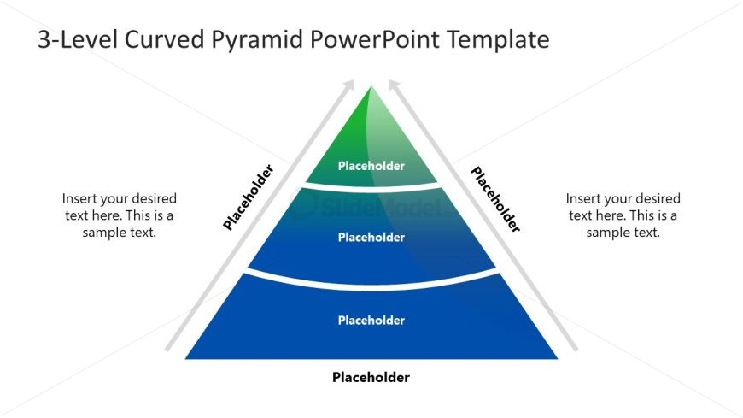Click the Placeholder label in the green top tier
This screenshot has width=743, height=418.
[x=371, y=166]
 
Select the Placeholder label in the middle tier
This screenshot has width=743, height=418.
[x=371, y=238]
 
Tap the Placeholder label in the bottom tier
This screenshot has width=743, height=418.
[x=371, y=321]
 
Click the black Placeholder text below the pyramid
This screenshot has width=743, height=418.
[x=371, y=377]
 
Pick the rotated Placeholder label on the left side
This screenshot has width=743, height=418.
[x=249, y=197]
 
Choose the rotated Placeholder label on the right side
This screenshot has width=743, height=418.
[x=495, y=199]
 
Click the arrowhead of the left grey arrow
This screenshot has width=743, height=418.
[x=348, y=83]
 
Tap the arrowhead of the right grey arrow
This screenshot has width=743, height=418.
[x=394, y=83]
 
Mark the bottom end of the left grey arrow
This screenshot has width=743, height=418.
[x=168, y=348]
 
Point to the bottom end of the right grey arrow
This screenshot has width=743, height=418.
[x=574, y=348]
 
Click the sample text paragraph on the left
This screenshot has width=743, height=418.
[x=120, y=215]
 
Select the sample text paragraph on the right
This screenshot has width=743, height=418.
[x=623, y=215]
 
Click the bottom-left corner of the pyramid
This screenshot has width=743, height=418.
[x=186, y=358]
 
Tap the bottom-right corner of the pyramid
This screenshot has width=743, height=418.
[x=557, y=358]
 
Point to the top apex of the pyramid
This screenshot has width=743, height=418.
[x=371, y=86]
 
